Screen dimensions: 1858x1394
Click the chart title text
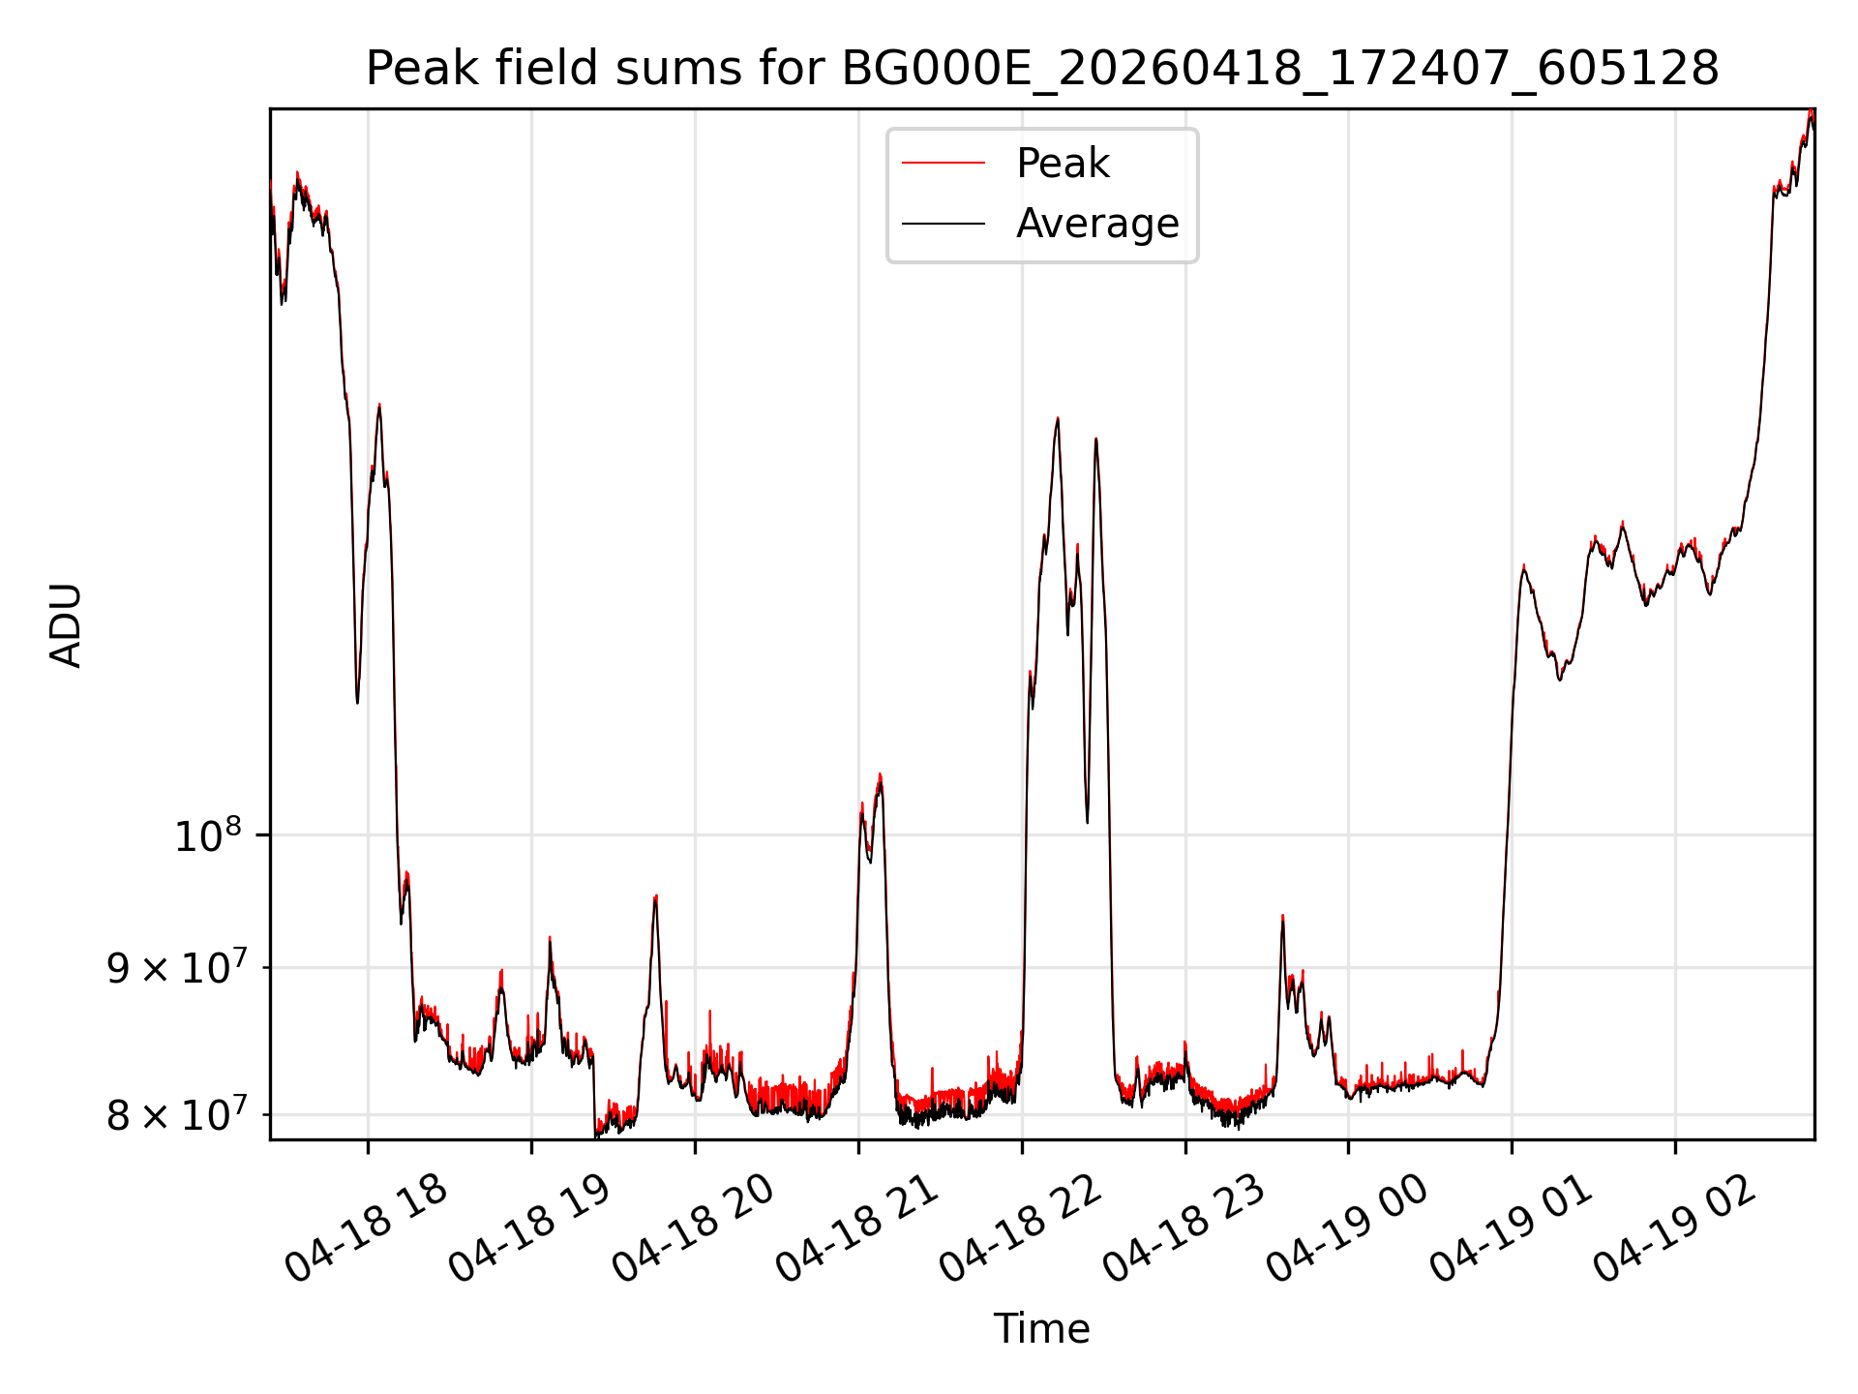point(1042,69)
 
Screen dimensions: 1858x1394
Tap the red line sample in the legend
point(944,164)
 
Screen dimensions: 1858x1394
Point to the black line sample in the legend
point(944,224)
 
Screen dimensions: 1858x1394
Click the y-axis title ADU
point(66,625)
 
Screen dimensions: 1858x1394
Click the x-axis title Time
point(1042,1329)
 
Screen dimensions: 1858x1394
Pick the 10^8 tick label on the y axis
point(207,834)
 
